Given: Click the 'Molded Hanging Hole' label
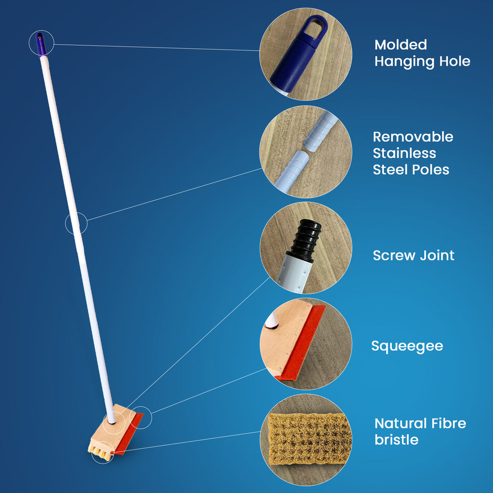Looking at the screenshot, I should (x=422, y=53).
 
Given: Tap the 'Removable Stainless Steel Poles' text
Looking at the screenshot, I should (x=413, y=153).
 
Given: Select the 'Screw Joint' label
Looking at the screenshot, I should (x=413, y=255).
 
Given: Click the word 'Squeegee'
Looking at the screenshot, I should (x=407, y=346).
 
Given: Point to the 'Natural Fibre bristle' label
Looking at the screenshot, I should (x=420, y=431).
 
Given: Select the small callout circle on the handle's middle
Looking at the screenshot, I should (x=76, y=223).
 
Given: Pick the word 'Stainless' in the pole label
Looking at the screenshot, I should (x=404, y=153).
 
